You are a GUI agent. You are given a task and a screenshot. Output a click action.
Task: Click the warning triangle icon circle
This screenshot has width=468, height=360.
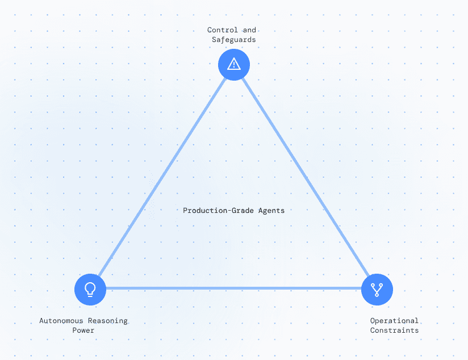pos(234,65)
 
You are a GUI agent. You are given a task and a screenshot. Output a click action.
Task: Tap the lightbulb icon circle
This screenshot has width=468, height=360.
pos(90,290)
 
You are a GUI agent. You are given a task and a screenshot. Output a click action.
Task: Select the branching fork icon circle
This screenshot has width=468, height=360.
pos(377,290)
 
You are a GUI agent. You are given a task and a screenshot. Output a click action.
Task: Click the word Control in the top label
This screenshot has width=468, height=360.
pos(223,30)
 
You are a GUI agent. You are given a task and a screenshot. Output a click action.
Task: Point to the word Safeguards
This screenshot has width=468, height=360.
pos(233,40)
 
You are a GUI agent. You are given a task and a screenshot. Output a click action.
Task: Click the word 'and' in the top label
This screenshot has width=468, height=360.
pos(249,30)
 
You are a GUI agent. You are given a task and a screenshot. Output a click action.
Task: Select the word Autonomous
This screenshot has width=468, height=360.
pos(61,321)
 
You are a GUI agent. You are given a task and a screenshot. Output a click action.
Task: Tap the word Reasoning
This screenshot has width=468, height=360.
pos(108,321)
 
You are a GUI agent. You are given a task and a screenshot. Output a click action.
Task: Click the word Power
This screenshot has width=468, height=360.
pos(83,330)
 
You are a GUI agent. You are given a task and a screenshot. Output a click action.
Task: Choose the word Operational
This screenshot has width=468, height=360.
pos(394,321)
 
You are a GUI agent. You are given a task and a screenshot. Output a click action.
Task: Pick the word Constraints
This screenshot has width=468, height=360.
pos(394,330)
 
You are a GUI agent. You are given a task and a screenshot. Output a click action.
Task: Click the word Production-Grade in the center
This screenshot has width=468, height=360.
pos(218,211)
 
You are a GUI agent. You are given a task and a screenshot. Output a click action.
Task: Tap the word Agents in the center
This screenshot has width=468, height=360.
pos(271,211)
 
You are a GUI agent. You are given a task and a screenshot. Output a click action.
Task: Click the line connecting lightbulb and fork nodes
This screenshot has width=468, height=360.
pos(233,288)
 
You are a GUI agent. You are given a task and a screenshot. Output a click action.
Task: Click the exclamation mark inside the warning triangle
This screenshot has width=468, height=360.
pos(234,65)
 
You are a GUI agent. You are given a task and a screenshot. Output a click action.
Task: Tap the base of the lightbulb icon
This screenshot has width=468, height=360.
pos(90,295)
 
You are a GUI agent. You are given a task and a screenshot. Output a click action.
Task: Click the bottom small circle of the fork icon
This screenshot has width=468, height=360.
pos(377,295)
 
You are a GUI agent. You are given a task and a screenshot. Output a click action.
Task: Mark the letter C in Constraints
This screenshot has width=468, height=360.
pos(372,330)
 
